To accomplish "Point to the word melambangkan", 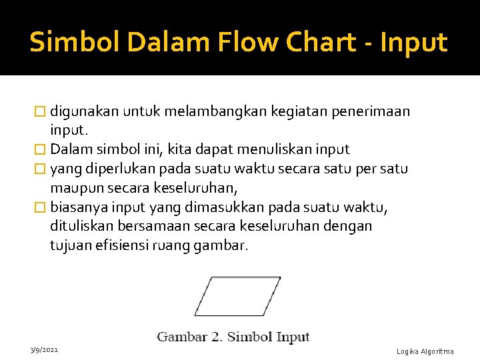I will click(x=208, y=111).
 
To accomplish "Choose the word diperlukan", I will click(x=107, y=169).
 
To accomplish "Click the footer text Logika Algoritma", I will click(x=425, y=351).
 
